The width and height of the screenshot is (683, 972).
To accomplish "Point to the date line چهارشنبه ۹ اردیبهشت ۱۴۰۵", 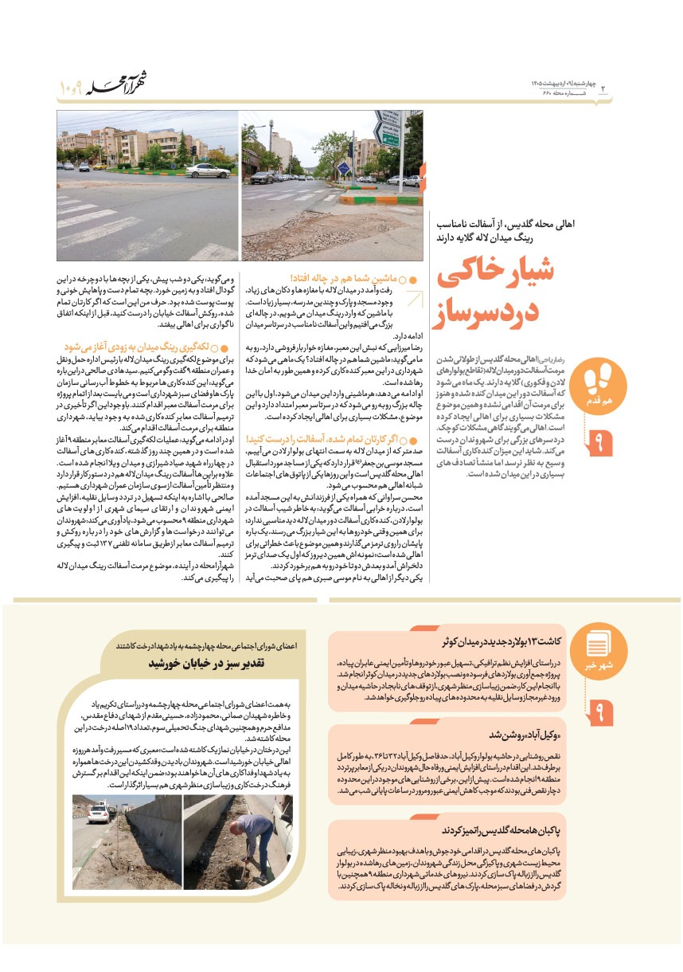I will pos(562,83).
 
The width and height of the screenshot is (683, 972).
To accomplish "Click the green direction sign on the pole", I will pos(388,137).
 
